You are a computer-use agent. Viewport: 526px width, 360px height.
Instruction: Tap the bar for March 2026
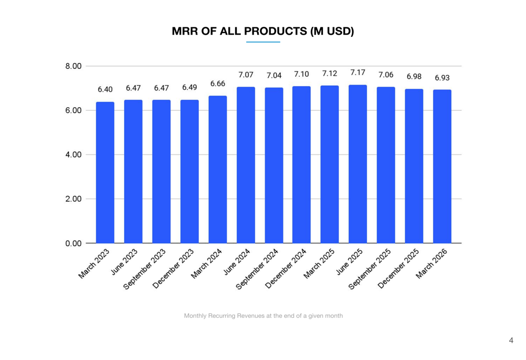[x=442, y=167]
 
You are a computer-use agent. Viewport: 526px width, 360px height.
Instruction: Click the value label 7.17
[x=358, y=73]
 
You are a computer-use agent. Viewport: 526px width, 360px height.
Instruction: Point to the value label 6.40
[x=105, y=90]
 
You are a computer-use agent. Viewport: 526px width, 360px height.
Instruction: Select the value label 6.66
[x=218, y=84]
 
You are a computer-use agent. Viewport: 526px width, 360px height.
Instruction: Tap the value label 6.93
[x=442, y=78]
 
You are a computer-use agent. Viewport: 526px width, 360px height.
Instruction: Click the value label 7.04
[x=274, y=76]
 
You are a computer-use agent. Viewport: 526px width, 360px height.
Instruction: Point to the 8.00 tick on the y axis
[x=74, y=66]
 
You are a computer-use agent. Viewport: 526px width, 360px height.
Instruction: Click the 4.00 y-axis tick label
[x=74, y=155]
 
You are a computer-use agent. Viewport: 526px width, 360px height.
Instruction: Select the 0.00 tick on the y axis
[x=74, y=243]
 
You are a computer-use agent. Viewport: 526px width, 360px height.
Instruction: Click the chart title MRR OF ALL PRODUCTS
[x=263, y=32]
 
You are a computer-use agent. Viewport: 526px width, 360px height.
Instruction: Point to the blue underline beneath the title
[x=263, y=42]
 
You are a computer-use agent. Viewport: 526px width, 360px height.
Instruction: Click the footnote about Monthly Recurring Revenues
[x=263, y=316]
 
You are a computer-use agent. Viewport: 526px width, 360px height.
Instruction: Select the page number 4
[x=511, y=341]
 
